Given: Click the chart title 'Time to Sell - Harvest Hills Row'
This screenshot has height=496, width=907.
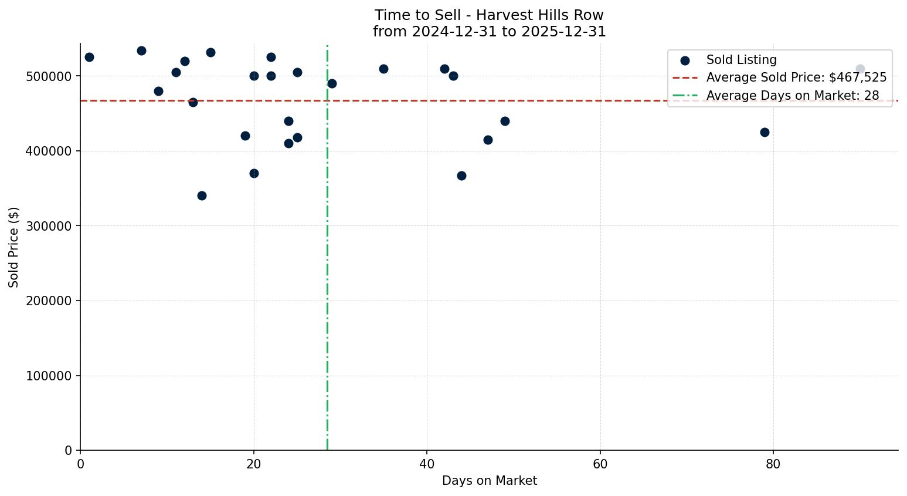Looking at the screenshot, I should click(489, 15).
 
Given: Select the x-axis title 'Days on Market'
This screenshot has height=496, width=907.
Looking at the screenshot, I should click(489, 481).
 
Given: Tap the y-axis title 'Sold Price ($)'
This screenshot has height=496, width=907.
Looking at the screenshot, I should click(13, 247).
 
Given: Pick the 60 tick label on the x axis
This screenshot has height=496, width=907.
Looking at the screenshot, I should click(600, 464).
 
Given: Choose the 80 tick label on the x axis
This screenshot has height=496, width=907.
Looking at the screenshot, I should click(773, 464).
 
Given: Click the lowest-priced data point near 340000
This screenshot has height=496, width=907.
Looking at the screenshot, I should click(202, 195).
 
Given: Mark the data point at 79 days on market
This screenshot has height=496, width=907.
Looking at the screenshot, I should click(765, 132).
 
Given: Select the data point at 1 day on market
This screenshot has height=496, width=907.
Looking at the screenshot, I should click(89, 57).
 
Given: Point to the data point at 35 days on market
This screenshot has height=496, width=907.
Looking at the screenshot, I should click(383, 69).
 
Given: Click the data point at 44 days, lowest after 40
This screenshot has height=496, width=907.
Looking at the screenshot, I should click(461, 176).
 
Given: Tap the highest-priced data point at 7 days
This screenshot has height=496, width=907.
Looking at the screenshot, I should click(141, 50).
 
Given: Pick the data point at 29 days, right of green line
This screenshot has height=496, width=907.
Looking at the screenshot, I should click(332, 83).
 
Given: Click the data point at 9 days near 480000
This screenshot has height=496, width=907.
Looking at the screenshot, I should click(158, 91).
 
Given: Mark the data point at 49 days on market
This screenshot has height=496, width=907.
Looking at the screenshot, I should click(505, 121).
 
